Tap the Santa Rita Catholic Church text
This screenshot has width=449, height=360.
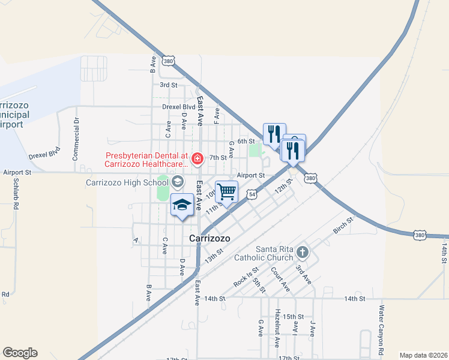(x=276, y=254)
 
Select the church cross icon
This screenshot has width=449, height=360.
(x=302, y=252)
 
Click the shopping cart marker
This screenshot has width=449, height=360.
(x=227, y=192)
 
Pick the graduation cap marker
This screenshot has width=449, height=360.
(x=182, y=205)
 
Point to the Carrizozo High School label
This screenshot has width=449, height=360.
(x=126, y=182)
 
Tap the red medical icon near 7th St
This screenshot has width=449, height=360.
(x=196, y=158)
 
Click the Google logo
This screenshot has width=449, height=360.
(x=20, y=353)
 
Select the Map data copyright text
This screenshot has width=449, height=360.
(x=423, y=355)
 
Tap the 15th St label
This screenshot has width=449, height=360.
(x=294, y=317)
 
